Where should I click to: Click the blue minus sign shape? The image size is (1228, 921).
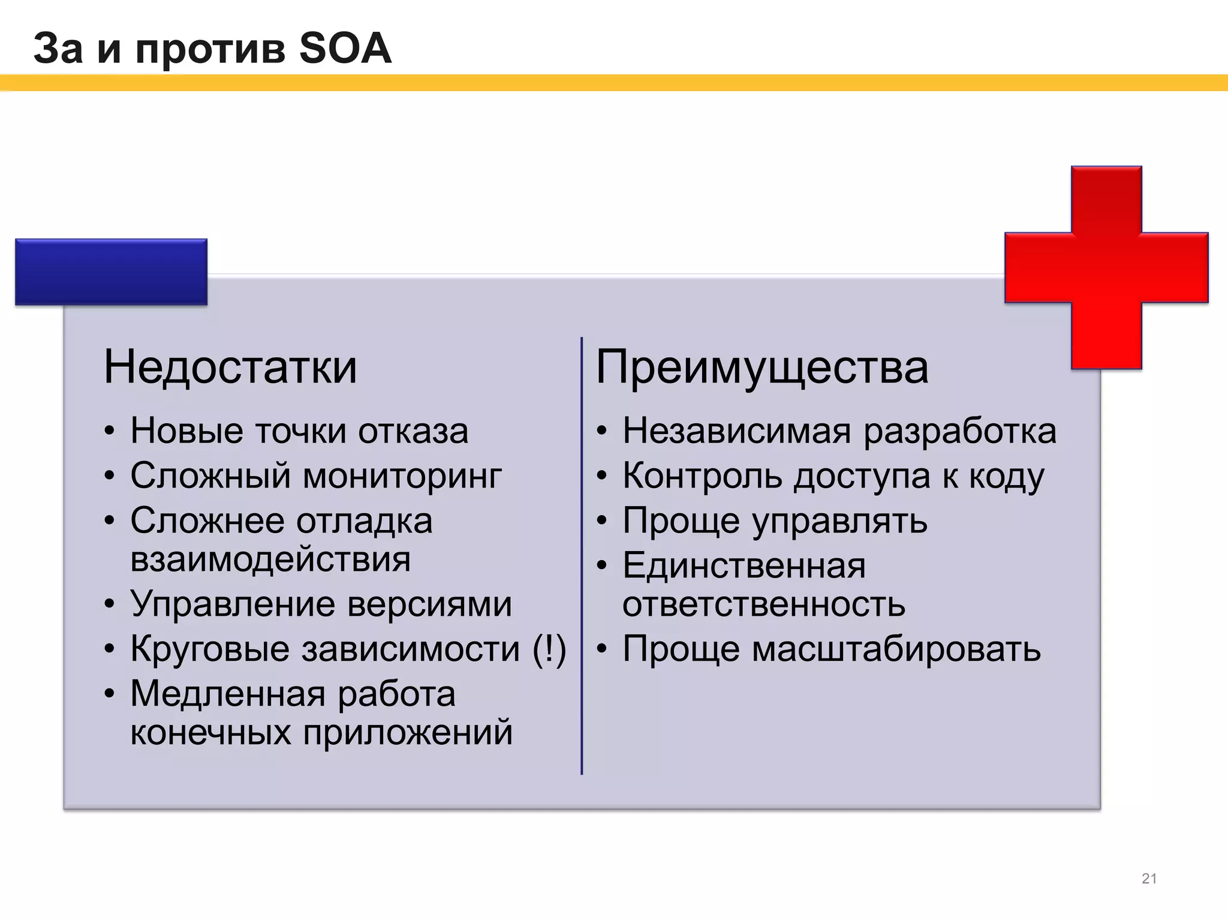[111, 272]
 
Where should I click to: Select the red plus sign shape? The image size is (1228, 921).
[1106, 267]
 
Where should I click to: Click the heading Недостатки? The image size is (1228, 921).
[230, 367]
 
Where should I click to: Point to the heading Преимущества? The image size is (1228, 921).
[762, 367]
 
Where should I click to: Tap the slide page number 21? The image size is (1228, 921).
[1149, 878]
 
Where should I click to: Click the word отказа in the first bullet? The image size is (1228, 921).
[413, 431]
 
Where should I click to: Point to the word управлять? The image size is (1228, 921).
[839, 521]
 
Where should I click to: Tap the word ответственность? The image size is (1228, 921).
[763, 604]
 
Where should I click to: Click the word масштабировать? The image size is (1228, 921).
[896, 649]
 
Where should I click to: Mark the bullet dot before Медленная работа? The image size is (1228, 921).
[109, 694]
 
